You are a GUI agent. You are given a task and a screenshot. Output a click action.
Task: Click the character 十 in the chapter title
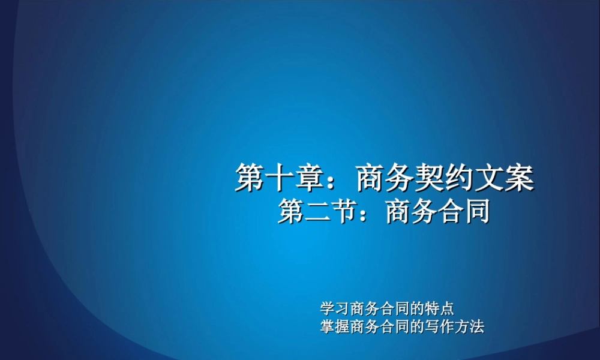click(x=280, y=179)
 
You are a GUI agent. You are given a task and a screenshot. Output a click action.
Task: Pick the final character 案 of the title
click(x=519, y=179)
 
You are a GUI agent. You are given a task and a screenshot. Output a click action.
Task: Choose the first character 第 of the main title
click(x=250, y=179)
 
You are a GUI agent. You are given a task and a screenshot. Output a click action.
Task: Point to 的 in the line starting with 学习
click(x=418, y=310)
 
